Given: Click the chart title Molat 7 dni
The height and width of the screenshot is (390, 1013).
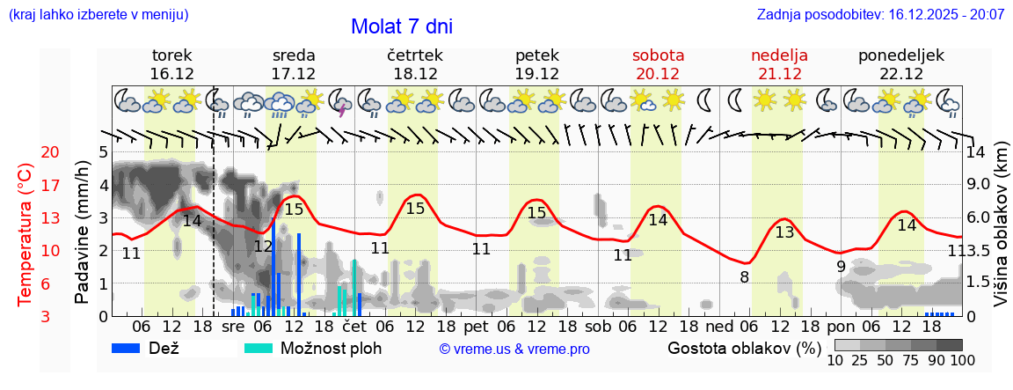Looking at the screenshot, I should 401,26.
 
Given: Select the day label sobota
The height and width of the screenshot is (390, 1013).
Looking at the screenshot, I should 658,55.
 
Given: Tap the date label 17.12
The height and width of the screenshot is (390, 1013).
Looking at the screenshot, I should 294,74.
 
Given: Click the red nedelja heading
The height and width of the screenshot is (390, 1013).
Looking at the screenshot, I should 779,55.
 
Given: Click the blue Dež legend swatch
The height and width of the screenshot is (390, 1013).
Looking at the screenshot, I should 132,348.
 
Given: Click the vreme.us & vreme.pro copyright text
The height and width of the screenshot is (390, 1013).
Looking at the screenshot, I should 514,349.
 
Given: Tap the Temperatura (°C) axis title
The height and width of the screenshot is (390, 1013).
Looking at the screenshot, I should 26,234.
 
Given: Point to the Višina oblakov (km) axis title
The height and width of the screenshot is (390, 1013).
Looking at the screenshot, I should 1001,234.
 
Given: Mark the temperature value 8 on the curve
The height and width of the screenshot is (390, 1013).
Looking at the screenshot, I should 744,277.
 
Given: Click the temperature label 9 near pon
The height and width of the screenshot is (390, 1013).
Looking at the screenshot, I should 841,266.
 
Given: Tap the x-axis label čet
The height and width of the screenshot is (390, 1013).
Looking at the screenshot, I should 354,326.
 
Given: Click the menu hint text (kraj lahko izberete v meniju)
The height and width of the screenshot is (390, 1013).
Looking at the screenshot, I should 98,15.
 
